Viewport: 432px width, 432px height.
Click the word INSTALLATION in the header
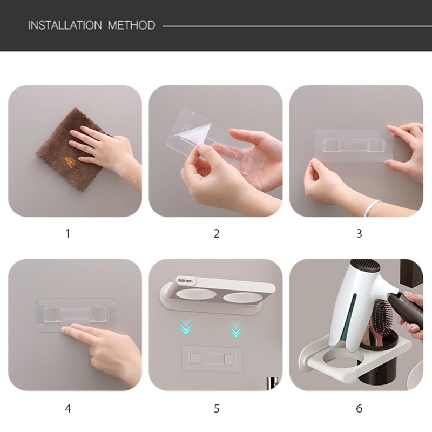point(64,25)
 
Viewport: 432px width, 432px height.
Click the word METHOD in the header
point(131,25)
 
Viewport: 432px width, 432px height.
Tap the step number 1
point(68,233)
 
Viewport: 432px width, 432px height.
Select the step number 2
point(217,233)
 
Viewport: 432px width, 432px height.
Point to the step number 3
point(359,233)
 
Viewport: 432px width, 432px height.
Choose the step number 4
point(68,408)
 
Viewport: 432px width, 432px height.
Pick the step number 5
point(217,408)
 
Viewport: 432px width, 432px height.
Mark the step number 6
point(359,408)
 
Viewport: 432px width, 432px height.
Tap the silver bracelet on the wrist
point(373,207)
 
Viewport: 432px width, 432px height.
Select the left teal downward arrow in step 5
point(186,326)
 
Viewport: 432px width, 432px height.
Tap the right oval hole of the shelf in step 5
point(241,298)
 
